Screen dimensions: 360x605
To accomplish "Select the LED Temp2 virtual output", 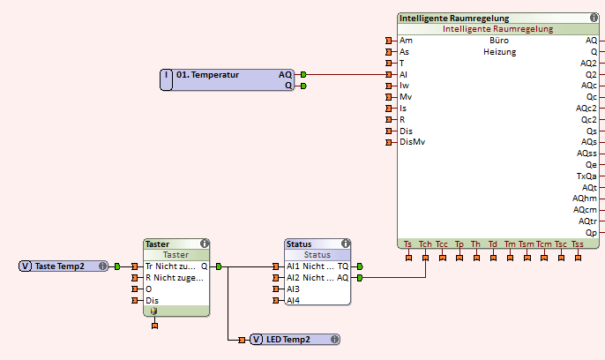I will pos(288,340).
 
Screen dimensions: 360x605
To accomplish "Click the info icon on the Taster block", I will pos(205,244).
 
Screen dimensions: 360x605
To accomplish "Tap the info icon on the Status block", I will pos(345,244).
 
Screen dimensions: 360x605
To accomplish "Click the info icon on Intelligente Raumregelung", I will pos(594,18).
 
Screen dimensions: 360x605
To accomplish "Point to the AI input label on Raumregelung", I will pos(403,75).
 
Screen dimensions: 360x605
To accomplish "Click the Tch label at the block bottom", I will pos(425,244).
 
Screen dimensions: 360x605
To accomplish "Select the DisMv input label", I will pos(412,142).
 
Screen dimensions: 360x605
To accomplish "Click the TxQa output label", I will pos(586,176).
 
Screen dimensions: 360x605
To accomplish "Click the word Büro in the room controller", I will pos(498,41).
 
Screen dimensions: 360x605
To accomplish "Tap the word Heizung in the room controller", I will pos(499,52).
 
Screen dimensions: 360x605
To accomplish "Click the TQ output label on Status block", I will pos(342,266).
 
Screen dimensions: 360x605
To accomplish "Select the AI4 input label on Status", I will pos(293,300).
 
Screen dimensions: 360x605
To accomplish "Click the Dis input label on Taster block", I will pos(152,300).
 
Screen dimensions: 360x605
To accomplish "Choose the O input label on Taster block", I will pos(148,289).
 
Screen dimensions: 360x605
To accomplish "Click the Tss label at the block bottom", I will pos(578,244).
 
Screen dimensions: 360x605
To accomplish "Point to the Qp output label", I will pos(591,233).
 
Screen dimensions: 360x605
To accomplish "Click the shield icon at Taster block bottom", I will pos(153,311).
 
